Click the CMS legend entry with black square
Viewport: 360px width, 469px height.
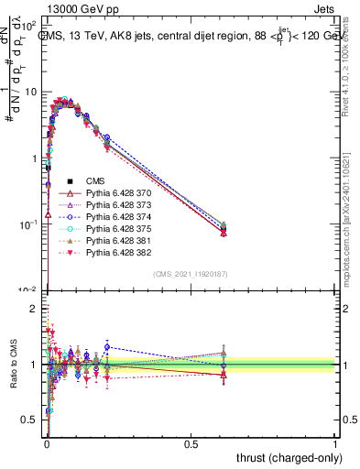point(96,181)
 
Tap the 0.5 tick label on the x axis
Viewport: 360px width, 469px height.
point(191,443)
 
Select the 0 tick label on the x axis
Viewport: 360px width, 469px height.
point(47,443)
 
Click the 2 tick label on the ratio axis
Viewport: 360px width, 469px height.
point(33,309)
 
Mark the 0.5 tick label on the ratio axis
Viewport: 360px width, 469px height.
point(29,420)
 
